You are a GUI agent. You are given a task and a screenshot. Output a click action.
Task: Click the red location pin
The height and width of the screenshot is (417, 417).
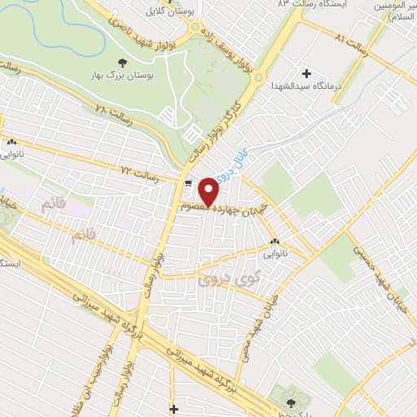(208, 190)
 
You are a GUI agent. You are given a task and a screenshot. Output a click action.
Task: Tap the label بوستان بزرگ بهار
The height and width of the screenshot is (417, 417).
(122, 76)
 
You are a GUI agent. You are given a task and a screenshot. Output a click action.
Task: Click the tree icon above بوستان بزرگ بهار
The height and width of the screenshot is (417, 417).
(122, 63)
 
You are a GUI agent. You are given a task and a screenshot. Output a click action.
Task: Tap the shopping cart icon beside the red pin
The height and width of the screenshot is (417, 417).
(189, 183)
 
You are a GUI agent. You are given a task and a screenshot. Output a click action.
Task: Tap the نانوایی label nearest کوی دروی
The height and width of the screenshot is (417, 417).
(273, 253)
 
